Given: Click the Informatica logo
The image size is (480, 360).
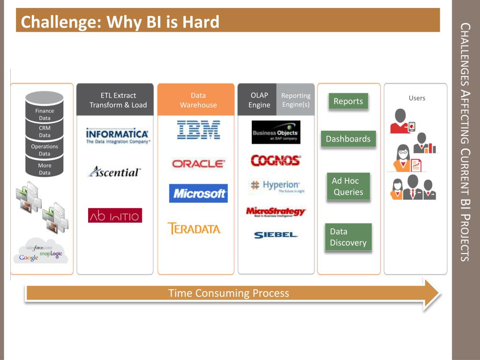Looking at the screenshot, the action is pos(118,135).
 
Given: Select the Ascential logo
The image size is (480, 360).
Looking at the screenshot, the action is pos(114,172).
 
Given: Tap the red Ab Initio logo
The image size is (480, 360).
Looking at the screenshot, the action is pos(115,215).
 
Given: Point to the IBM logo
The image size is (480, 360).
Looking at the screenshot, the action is pos(199,130).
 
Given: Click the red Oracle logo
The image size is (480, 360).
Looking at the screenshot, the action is pos(198,164).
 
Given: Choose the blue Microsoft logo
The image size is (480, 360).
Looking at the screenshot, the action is pos(198,193).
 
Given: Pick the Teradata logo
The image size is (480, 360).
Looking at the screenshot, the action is pos(195,229).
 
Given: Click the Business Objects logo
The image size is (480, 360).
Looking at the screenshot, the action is pos(276,132).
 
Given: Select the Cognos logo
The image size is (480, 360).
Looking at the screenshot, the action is pos(276,161).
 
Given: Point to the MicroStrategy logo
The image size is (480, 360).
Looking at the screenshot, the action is pos(276,212).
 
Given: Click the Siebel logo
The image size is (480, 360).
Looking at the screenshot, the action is pos(276,235).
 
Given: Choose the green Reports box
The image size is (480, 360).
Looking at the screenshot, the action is pos(348,101).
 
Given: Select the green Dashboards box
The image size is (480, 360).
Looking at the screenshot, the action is pos(348,139).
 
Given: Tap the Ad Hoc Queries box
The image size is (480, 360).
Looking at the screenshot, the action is pos(348,187).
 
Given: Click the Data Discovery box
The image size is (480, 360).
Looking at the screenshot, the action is pos(348,237).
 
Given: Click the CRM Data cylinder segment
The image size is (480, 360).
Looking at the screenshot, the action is pos(45,131).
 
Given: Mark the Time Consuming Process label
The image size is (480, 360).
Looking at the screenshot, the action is pos(229,293).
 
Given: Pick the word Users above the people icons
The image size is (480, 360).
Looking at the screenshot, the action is pos(417,98).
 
